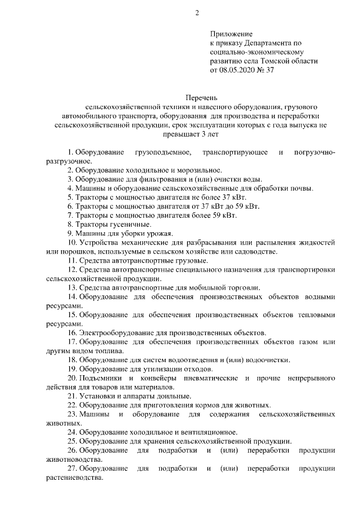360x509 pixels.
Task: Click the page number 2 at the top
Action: (197, 13)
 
